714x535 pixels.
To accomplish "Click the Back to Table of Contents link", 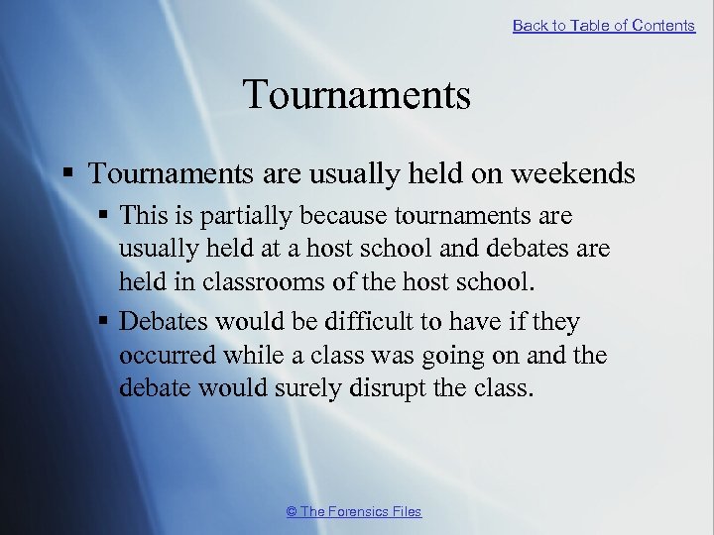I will [603, 26].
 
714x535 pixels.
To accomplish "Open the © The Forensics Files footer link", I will [353, 511].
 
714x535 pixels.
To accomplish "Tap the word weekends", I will [572, 173].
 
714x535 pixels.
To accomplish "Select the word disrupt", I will [388, 387].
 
